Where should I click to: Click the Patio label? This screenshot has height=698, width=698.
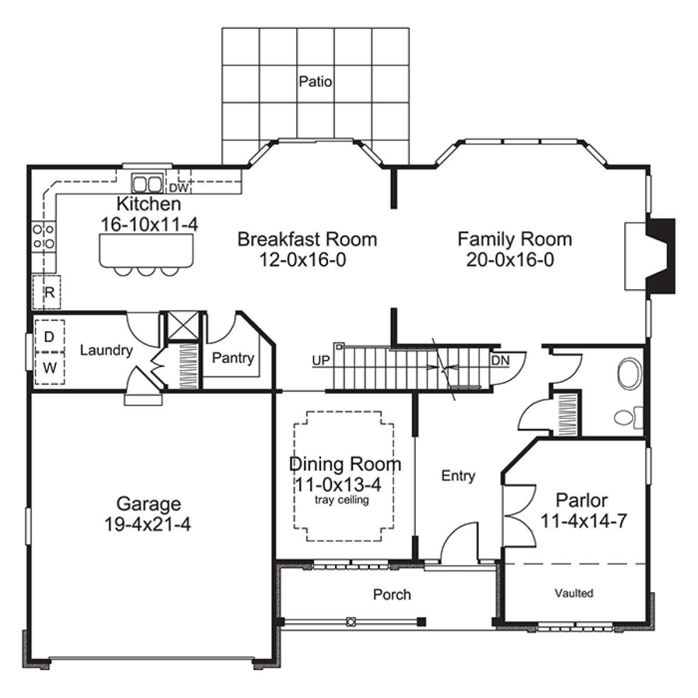pos(315,81)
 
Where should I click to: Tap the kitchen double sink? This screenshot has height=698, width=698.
pos(147,183)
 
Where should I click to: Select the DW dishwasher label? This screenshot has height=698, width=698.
pos(179,188)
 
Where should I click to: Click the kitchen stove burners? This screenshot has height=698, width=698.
pos(44,236)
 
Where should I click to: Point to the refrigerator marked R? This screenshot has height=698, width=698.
pos(47,292)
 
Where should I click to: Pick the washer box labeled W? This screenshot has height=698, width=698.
pos(49,368)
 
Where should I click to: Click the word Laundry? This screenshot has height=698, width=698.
pos(106,351)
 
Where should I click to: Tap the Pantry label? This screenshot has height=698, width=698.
pos(233,358)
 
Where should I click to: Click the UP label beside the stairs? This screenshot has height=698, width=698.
pos(321,361)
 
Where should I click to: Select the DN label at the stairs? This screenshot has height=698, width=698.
pos(501,361)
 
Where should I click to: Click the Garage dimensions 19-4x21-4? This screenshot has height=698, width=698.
pos(147,523)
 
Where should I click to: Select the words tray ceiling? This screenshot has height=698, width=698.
pos(341,500)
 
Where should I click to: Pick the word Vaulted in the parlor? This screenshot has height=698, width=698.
pos(574,593)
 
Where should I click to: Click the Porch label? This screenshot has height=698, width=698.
pos(392,594)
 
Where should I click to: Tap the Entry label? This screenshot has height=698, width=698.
pos(458,476)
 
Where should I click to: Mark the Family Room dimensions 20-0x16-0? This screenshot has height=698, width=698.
pos(510,259)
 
